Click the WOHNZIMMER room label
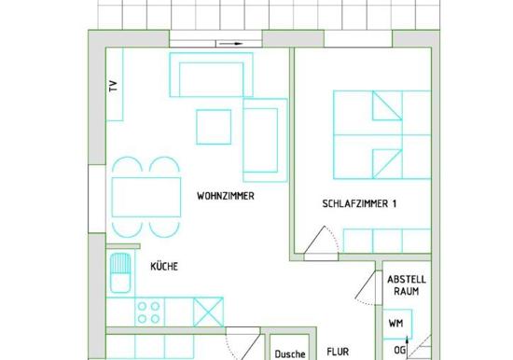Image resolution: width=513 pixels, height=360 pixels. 226,196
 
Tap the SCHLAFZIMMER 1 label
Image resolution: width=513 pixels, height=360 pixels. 359,204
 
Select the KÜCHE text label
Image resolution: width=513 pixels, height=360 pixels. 164,266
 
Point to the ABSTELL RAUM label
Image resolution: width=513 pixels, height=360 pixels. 407,285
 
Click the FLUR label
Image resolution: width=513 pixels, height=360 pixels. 338,353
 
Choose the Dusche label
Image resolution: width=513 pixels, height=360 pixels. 290,354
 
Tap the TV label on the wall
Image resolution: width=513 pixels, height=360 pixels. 113,86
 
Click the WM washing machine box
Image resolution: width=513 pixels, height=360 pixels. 397,324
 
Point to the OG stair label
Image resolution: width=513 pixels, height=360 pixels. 399,351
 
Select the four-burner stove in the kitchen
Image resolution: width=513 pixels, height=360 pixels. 149,312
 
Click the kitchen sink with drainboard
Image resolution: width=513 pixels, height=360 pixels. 120,273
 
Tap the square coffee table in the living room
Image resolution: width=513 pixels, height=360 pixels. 214,127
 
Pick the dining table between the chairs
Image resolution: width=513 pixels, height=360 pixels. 146,197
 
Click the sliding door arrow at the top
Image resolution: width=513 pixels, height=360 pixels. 230,44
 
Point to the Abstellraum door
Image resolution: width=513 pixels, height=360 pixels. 366,285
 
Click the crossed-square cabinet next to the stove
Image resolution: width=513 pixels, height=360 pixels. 208,312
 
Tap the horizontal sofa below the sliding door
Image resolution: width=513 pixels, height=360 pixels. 212,75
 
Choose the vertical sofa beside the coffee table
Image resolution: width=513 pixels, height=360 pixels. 265,140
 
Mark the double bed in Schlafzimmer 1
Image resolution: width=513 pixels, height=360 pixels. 382,135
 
